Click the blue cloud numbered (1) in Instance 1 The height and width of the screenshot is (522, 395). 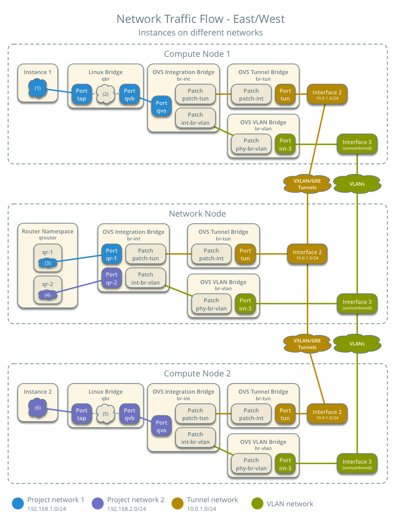point(38,88)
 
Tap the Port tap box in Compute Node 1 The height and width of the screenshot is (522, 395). point(82,94)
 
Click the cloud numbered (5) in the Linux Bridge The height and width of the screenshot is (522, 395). point(105,413)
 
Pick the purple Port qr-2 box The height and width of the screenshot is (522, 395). point(112,279)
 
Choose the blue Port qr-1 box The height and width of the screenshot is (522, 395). point(112,254)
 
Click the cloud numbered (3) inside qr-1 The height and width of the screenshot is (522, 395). point(48,263)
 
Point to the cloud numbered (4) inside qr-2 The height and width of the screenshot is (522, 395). point(48,294)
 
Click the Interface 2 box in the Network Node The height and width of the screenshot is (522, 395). point(307,254)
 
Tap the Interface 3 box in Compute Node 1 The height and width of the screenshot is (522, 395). point(357,145)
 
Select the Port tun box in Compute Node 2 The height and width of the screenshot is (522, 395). point(285,414)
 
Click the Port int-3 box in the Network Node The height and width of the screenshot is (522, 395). point(245,304)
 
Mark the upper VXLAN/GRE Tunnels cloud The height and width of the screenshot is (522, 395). point(307,184)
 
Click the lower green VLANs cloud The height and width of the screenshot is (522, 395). point(357,343)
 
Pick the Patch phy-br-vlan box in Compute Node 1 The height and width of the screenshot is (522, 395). point(251,145)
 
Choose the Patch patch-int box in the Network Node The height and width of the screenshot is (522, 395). point(211,254)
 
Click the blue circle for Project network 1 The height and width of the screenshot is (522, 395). point(18,503)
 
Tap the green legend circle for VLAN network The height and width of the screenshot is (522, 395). point(257,503)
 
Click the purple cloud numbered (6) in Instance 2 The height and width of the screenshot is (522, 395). point(38,408)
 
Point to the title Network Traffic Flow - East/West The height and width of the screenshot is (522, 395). point(200,19)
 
